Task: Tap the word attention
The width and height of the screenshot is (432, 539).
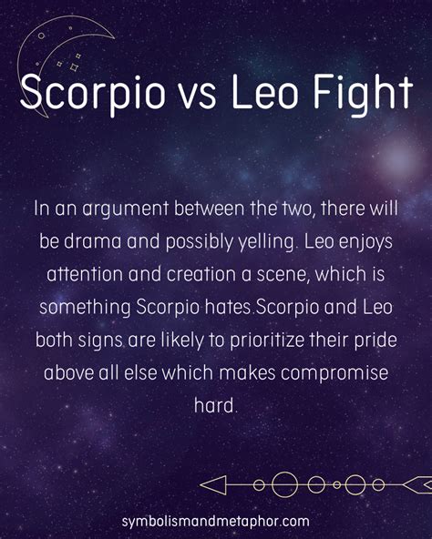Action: tap(85, 274)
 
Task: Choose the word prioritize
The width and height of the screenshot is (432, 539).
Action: tap(267, 341)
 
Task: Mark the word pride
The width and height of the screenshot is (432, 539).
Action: tap(375, 341)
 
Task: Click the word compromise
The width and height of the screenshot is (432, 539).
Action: tap(334, 373)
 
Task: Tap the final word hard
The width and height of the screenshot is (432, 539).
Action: tap(215, 405)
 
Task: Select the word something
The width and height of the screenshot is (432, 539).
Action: tap(85, 308)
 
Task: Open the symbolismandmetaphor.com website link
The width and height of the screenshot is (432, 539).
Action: tap(215, 521)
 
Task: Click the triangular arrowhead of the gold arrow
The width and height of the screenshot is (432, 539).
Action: tap(213, 485)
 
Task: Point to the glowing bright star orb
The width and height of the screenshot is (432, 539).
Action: tap(398, 158)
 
